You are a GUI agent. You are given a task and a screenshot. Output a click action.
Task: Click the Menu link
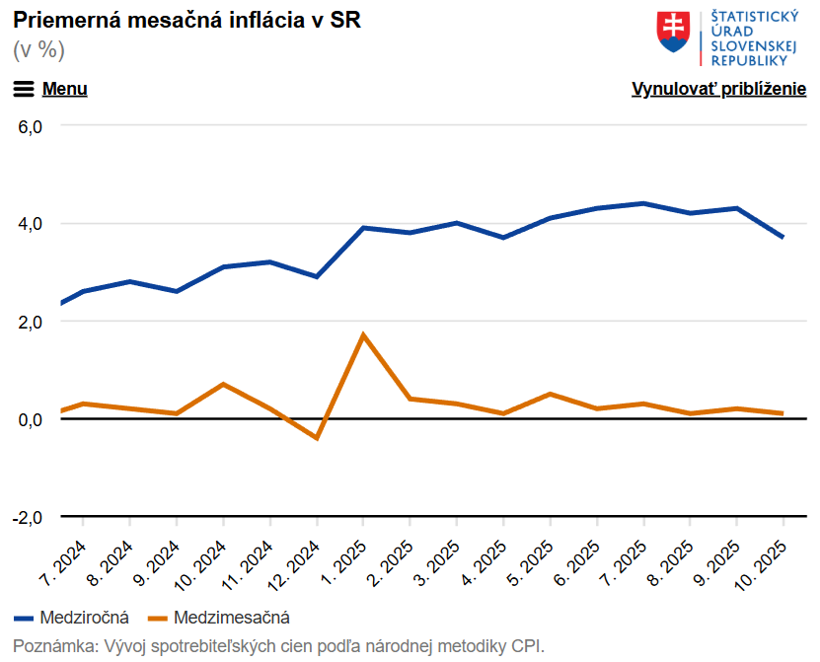point(64,89)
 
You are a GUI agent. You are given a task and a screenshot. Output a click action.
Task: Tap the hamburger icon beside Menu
point(24,89)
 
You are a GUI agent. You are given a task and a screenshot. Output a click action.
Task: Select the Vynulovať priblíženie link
point(718,89)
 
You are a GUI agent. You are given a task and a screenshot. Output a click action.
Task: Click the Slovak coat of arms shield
point(673,33)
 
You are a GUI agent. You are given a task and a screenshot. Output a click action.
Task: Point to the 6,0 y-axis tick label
point(30,127)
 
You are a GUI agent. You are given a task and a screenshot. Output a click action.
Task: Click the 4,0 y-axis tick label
point(30,224)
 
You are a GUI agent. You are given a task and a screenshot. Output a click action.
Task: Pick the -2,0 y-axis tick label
point(28,518)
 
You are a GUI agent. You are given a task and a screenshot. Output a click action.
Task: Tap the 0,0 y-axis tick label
point(30,420)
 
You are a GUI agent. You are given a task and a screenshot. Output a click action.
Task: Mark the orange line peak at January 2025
point(363,335)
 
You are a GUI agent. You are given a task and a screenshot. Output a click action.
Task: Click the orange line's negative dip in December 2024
point(317,438)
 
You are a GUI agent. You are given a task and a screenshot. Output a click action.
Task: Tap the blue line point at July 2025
point(643,203)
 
